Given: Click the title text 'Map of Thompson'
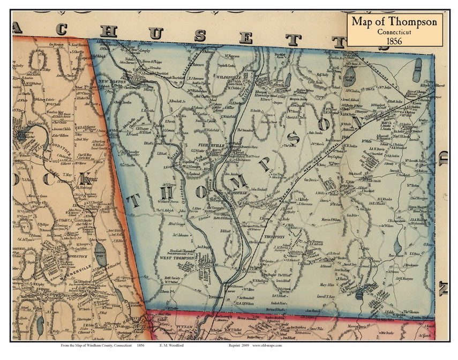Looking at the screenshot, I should coord(394,22).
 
